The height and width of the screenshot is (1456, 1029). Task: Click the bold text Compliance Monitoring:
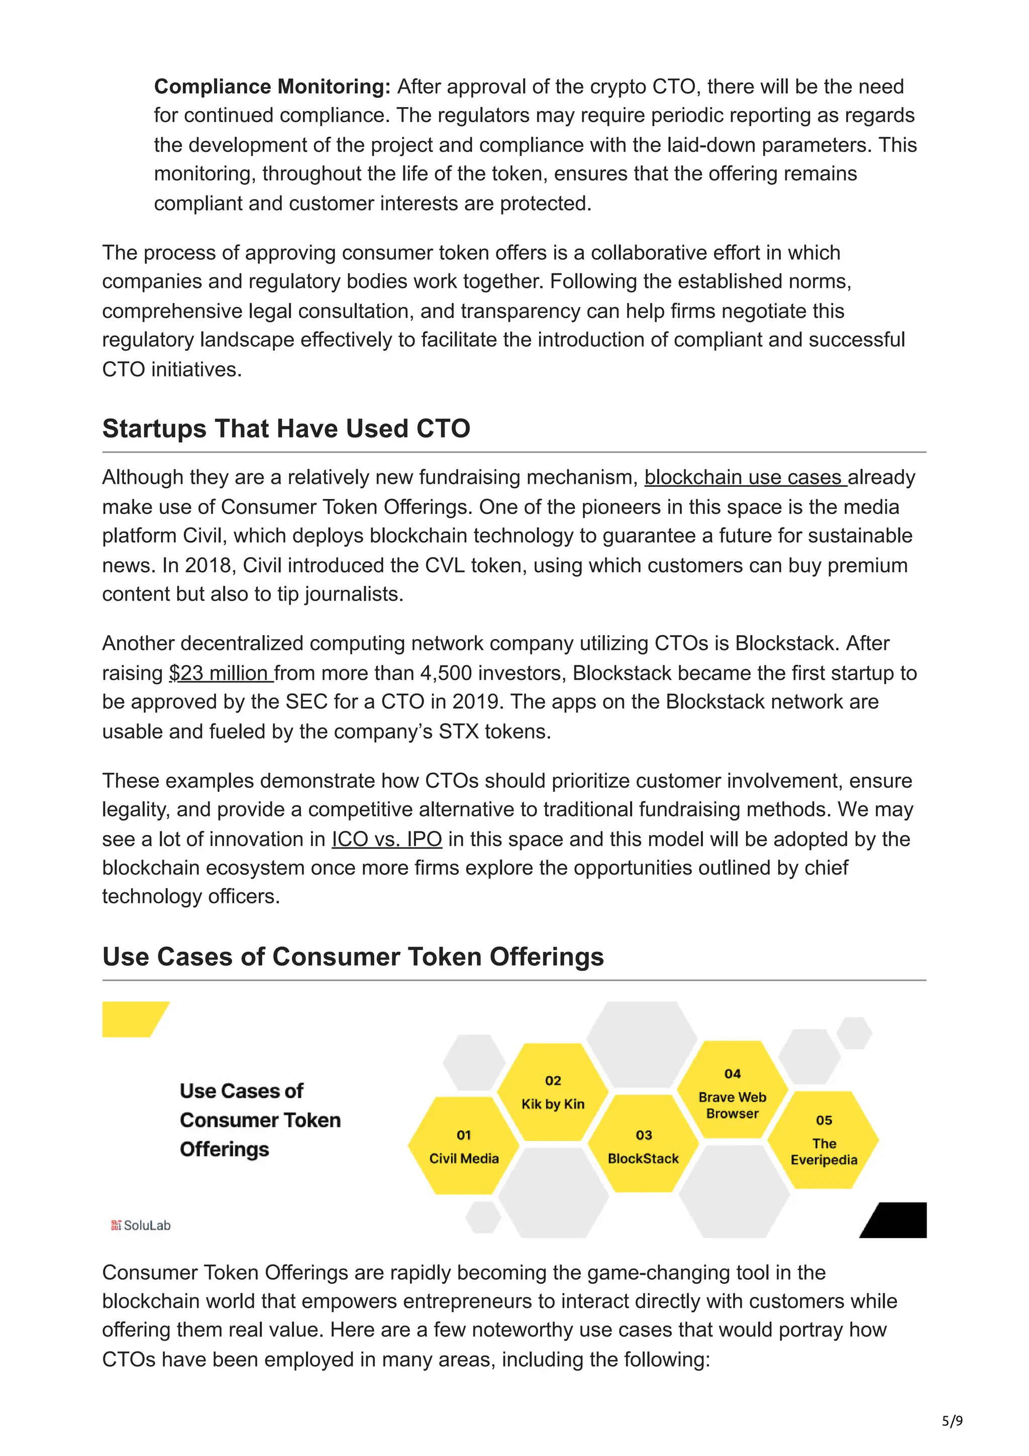(272, 86)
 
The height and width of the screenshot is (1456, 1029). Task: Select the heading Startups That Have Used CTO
(286, 429)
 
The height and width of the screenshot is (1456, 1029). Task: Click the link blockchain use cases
(745, 477)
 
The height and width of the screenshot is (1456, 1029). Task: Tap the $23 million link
(220, 673)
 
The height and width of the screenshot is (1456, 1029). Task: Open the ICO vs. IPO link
(387, 839)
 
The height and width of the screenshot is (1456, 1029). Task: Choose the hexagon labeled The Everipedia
(823, 1141)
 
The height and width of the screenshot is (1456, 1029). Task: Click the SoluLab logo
(141, 1225)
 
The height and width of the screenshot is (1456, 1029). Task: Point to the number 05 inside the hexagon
(824, 1120)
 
